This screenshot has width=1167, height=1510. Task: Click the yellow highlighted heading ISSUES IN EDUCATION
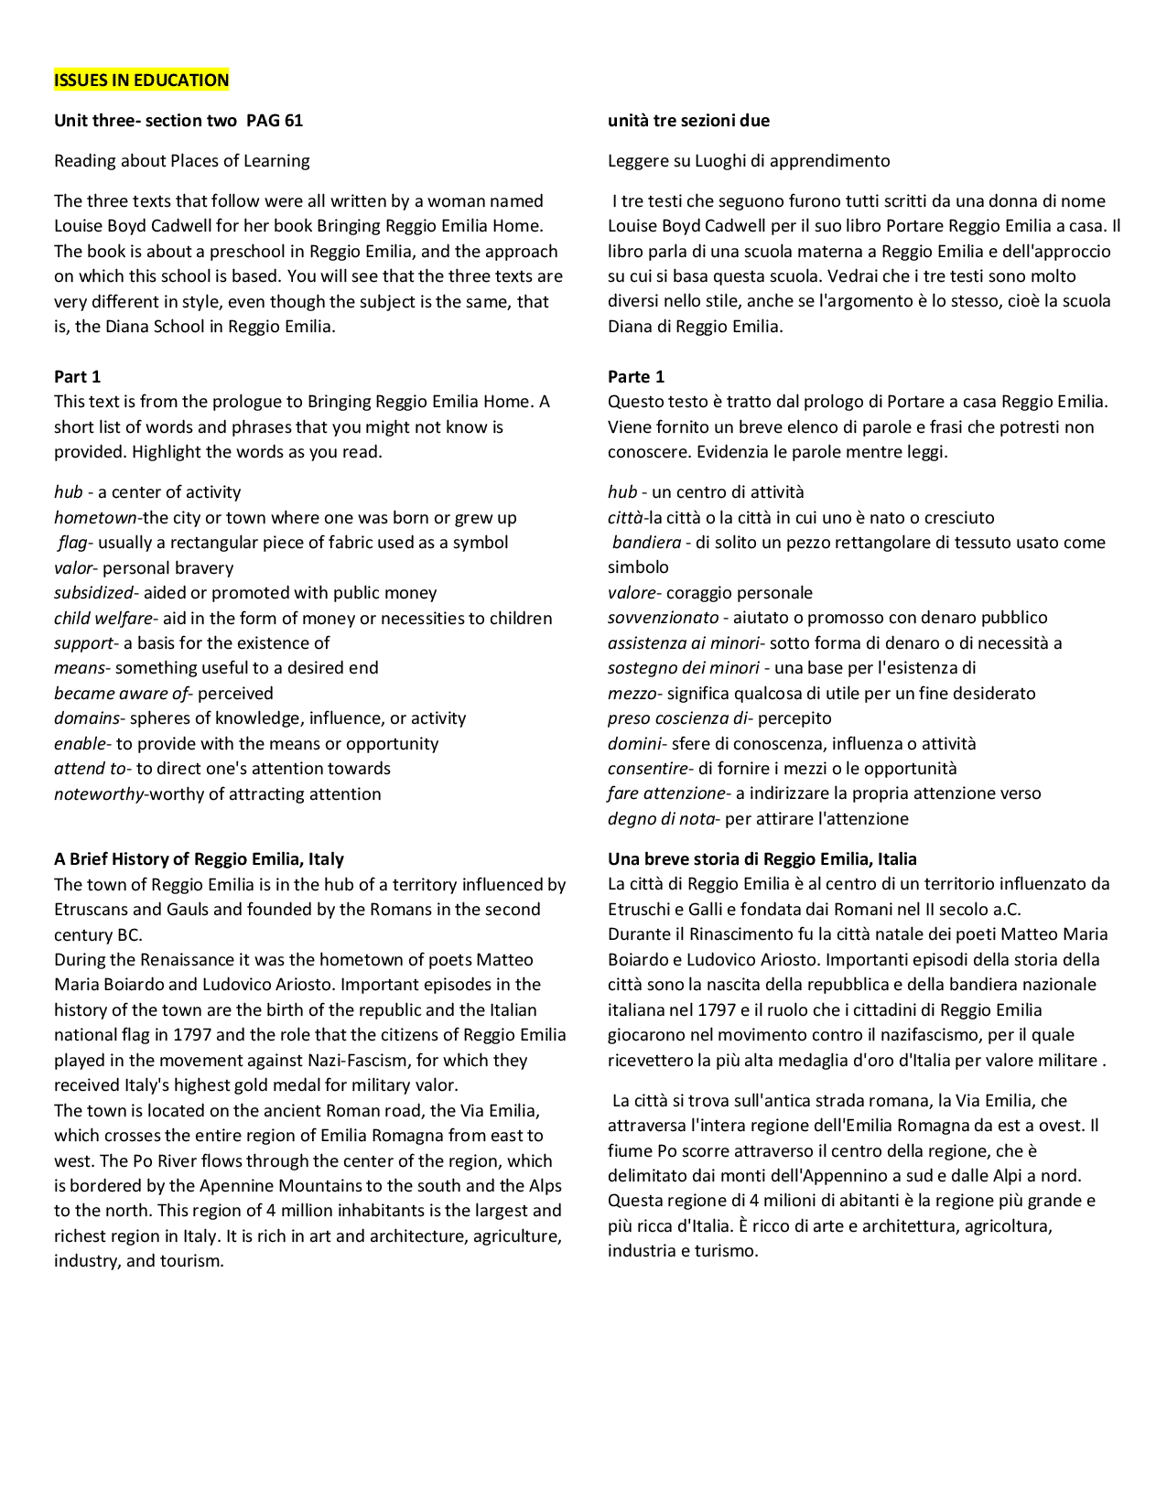coord(141,81)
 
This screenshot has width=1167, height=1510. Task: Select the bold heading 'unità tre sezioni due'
coord(688,121)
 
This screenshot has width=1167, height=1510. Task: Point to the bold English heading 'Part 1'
coord(77,377)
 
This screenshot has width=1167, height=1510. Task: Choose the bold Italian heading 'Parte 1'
coord(636,377)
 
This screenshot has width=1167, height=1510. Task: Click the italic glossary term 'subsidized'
coord(93,593)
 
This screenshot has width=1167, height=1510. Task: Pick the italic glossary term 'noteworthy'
coord(99,794)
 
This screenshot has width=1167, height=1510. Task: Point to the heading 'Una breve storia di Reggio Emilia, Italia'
coord(762,859)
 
